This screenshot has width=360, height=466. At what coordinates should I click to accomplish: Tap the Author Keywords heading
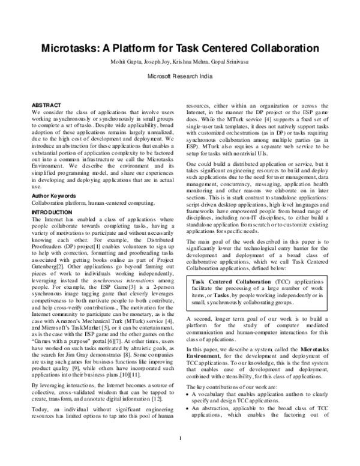[x=55, y=179]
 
